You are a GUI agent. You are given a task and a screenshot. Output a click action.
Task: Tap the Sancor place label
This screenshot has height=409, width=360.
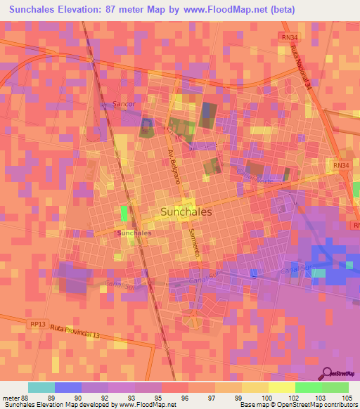(x=123, y=104)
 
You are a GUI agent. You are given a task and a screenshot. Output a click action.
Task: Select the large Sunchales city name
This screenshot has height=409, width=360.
(x=186, y=210)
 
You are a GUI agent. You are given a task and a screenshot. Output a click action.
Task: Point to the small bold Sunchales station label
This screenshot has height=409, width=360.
(x=134, y=233)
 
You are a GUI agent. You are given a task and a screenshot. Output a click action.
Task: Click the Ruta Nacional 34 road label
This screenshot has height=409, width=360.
(x=300, y=68)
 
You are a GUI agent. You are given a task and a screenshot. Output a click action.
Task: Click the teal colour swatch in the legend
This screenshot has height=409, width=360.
(x=41, y=387)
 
